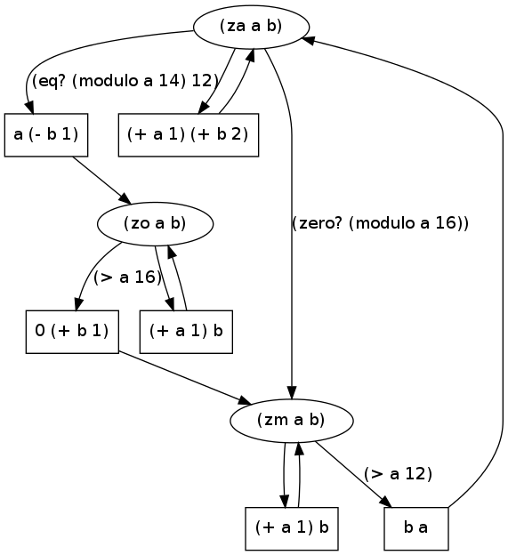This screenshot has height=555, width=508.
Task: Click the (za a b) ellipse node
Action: coord(251,27)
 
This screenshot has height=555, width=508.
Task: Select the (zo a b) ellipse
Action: coord(155,224)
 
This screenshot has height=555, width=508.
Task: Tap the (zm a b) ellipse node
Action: coord(291,421)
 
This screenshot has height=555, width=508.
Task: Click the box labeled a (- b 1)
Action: coord(46,135)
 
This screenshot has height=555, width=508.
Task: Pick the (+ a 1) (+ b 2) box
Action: coord(189,135)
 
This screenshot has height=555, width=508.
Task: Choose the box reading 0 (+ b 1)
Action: coord(72,332)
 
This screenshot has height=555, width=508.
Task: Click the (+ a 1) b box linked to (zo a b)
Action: coord(186,332)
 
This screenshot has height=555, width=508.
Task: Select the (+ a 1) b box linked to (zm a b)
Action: coord(292,528)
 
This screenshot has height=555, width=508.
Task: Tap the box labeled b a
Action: coord(416,528)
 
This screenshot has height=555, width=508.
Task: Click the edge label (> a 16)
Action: coord(127,277)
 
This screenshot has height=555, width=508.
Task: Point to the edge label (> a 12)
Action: coord(398,473)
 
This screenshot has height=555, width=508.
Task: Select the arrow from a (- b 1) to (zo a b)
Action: coord(102,181)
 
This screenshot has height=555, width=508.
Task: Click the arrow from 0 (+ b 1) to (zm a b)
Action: coord(185,378)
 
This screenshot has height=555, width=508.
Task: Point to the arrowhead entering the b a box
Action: coord(386,503)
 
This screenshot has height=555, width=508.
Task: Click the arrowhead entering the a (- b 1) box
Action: coord(29,108)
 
